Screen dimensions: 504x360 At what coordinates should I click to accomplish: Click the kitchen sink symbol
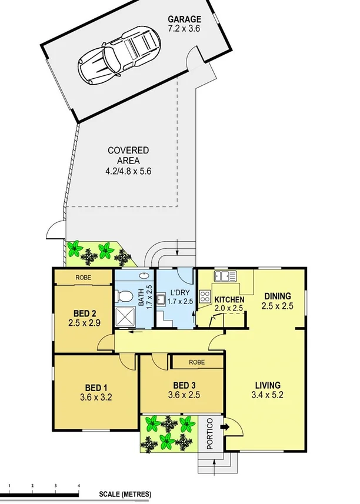[x=225, y=275]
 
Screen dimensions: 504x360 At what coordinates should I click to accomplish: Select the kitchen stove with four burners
[x=206, y=296]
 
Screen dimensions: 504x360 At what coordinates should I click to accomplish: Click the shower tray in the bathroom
[x=125, y=316]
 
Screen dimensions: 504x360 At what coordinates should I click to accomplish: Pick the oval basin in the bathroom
[x=145, y=275]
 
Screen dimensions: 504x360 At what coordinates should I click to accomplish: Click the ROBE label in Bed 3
[x=196, y=362]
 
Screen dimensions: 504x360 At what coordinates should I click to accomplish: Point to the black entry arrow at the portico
[x=224, y=428]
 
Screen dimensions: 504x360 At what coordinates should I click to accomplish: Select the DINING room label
[x=277, y=296]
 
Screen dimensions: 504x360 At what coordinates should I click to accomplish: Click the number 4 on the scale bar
[x=79, y=485]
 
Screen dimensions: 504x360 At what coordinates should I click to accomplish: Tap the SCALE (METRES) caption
[x=125, y=494]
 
